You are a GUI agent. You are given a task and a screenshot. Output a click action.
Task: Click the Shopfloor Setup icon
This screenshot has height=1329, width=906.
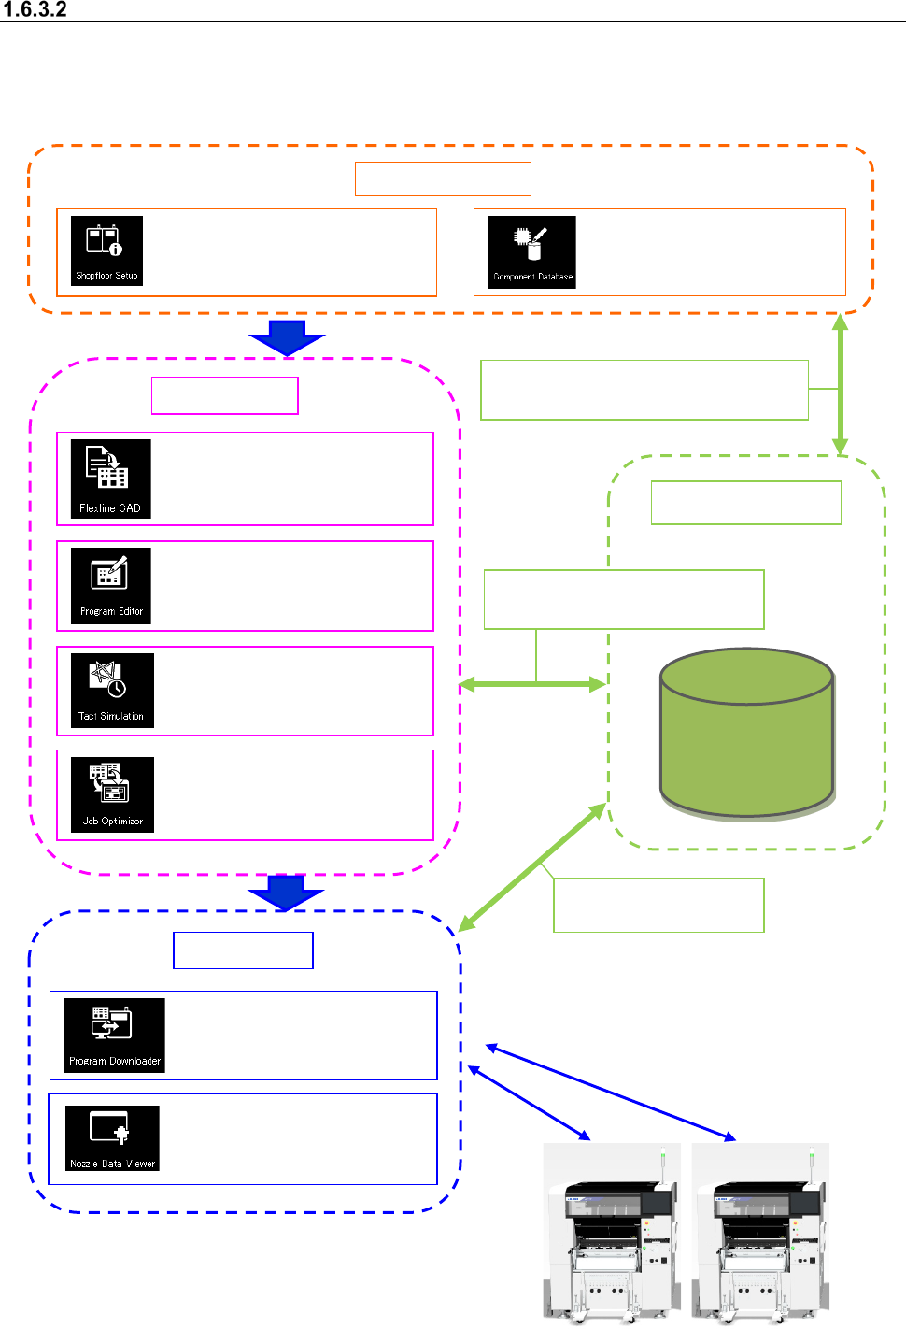point(107,250)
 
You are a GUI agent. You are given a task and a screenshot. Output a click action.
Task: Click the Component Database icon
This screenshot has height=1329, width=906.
point(531,251)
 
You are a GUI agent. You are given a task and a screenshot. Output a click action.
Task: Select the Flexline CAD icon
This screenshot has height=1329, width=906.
point(110,479)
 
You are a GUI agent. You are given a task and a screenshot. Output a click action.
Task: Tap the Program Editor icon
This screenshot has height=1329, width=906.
point(111,586)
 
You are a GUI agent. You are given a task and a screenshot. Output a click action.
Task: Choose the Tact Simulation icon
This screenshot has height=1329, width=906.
point(112,691)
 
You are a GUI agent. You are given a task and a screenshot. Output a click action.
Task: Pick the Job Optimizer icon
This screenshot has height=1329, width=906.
point(112,794)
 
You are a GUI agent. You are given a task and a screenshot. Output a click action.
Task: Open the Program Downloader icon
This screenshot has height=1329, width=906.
point(114,1035)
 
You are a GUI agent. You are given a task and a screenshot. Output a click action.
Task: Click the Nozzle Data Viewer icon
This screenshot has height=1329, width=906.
point(112,1137)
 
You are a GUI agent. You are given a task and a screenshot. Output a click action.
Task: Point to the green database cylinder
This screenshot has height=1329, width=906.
point(746,734)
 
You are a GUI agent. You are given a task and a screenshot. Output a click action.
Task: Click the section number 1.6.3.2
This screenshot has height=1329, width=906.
point(35,10)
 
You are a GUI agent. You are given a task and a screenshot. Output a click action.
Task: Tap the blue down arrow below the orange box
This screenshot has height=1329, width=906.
point(287,337)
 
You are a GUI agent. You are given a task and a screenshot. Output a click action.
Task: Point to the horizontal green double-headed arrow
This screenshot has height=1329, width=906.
point(533,685)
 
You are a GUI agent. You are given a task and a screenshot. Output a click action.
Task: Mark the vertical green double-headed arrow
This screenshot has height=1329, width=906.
point(840,384)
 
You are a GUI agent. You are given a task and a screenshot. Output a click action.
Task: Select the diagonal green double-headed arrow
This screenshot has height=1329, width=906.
point(532,867)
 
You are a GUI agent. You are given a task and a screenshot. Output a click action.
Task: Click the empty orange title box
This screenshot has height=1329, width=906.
point(443,179)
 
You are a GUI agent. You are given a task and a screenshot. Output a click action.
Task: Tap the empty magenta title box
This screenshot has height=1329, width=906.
point(225,395)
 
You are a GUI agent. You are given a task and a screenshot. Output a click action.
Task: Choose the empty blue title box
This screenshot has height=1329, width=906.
point(243,950)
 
